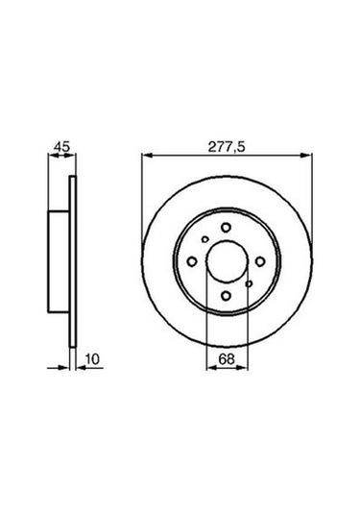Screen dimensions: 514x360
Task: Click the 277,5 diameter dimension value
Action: (227, 147)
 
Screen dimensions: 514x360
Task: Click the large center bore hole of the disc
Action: (228, 260)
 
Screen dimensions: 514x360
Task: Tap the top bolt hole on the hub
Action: (227, 227)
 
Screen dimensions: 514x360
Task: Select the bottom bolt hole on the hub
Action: (228, 295)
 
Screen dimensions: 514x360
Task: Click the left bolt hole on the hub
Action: (192, 261)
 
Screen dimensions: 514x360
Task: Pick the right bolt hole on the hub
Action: (261, 260)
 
